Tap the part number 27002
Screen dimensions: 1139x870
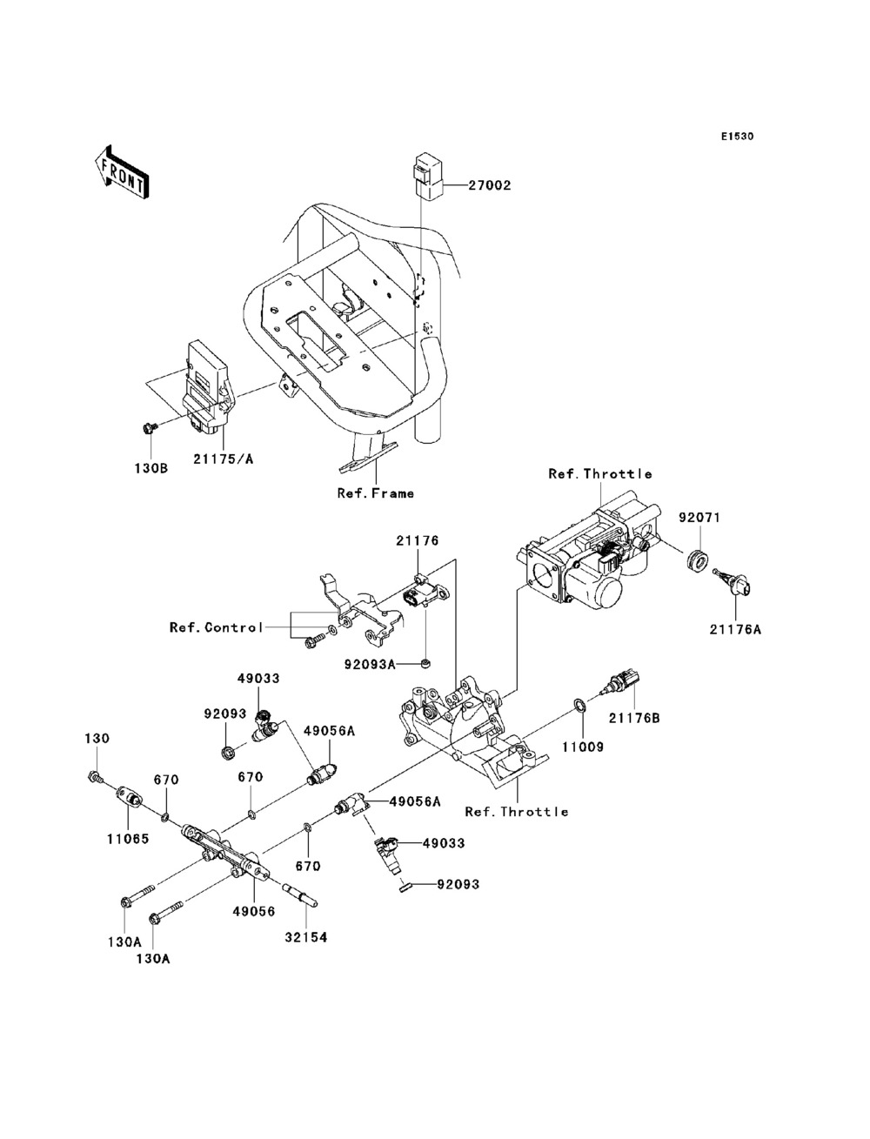point(490,185)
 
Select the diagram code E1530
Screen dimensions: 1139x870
point(736,137)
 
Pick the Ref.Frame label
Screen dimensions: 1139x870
point(375,493)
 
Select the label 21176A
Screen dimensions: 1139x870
point(738,628)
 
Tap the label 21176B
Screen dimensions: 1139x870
point(633,718)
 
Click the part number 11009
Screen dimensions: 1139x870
point(582,746)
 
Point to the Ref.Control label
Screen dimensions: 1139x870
point(216,627)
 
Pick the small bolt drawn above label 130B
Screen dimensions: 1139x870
point(147,427)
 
